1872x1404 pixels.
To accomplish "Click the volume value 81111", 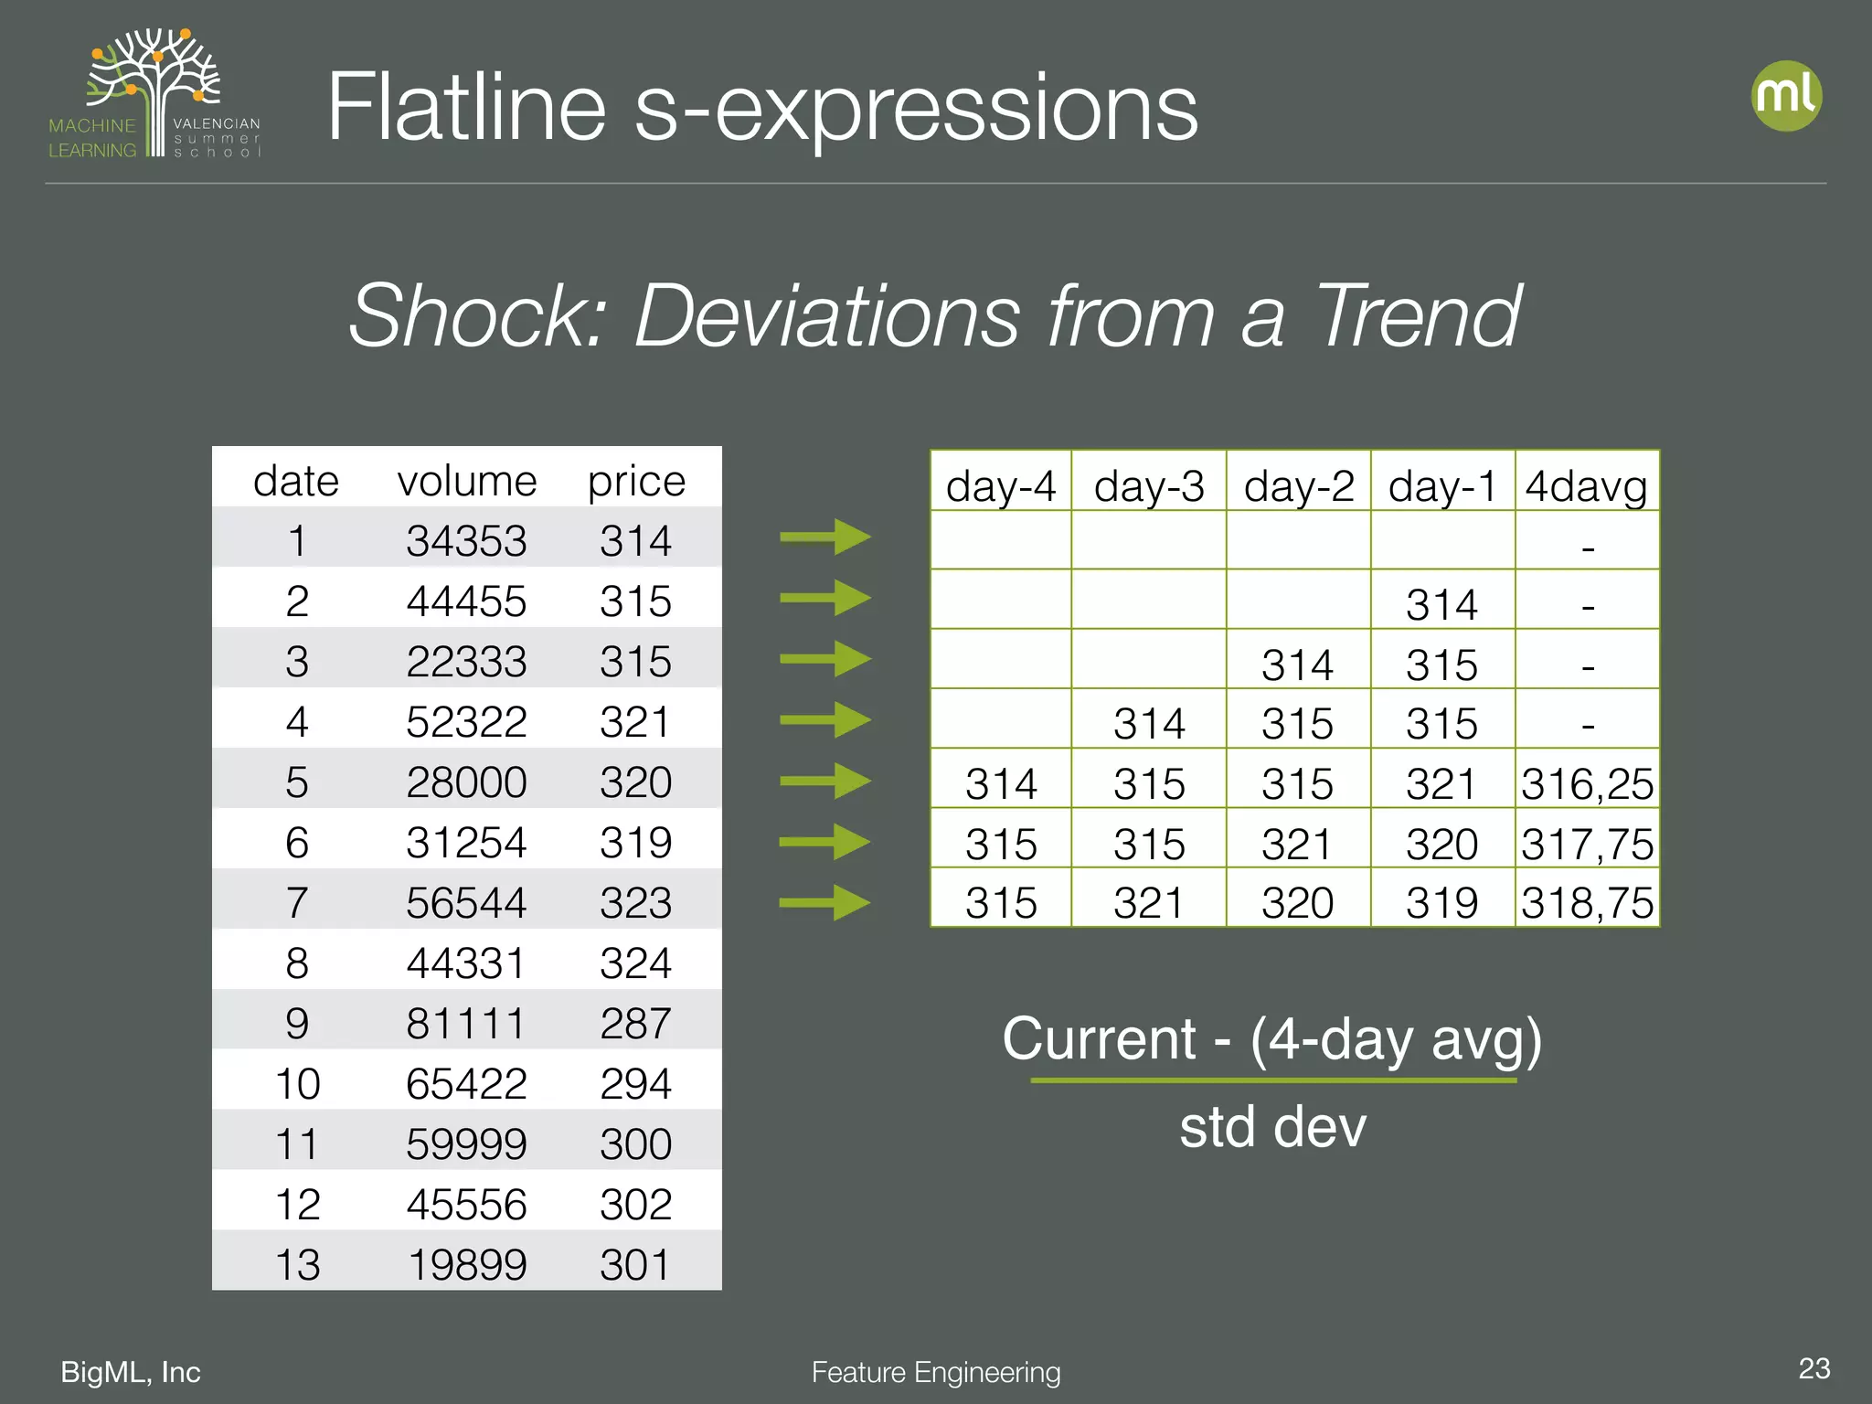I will coord(466,1023).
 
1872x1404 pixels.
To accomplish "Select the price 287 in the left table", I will coord(635,1023).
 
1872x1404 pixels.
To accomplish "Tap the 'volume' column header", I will coord(466,481).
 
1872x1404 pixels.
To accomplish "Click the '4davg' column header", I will coord(1586,485).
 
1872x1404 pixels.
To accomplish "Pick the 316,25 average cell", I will coord(1587,783).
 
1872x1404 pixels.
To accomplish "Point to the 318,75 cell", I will coord(1587,903).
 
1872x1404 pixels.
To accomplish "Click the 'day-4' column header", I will coord(1001,485).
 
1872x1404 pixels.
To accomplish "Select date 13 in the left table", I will coord(297,1264).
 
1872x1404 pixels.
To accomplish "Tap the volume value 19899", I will coord(466,1264).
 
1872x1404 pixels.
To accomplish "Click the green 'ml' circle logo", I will coord(1786,96).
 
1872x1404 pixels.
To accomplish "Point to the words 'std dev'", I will coord(1272,1126).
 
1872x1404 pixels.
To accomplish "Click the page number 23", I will coord(1813,1368).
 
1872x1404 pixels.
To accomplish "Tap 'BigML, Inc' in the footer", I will coord(131,1372).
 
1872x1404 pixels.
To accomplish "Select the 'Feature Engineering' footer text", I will coord(936,1372).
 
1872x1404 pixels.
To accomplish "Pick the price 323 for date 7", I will coord(635,903).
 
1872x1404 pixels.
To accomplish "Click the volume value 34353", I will coord(466,541).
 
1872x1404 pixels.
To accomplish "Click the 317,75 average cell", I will coord(1587,844).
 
